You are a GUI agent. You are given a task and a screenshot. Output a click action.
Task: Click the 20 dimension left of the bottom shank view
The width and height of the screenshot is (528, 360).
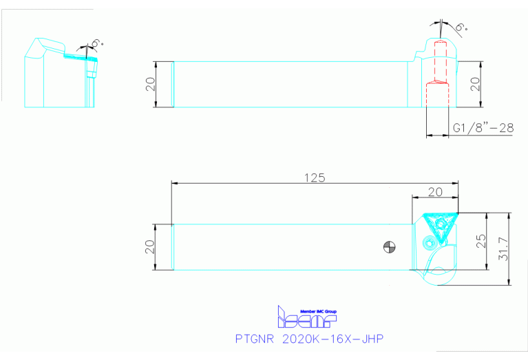click(x=149, y=247)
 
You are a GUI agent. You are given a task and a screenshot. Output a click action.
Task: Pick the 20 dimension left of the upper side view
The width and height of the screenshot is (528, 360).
click(x=149, y=84)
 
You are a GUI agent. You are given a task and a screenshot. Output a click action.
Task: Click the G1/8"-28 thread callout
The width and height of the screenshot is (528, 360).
click(x=482, y=128)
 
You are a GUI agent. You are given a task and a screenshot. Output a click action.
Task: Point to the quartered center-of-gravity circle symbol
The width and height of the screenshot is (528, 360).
click(x=390, y=247)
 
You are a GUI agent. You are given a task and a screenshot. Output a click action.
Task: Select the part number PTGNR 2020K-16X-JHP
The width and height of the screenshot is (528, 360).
click(x=308, y=339)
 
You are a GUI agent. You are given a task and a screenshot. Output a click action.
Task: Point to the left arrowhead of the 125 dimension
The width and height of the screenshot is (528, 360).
click(x=175, y=183)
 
